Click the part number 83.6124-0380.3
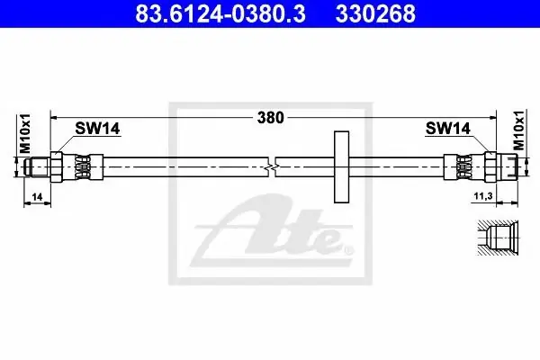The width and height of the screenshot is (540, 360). [220, 13]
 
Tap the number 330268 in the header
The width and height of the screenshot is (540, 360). [375, 13]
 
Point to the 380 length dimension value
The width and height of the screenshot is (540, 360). [271, 118]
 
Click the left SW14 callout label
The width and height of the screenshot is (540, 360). [97, 129]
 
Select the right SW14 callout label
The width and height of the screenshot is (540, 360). [447, 129]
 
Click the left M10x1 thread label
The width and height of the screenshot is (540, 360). [25, 133]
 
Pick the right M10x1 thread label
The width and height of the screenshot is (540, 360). [518, 130]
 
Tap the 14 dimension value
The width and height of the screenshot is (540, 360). [37, 197]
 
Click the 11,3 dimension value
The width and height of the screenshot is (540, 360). [483, 196]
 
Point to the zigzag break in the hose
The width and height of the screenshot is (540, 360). [272, 167]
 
